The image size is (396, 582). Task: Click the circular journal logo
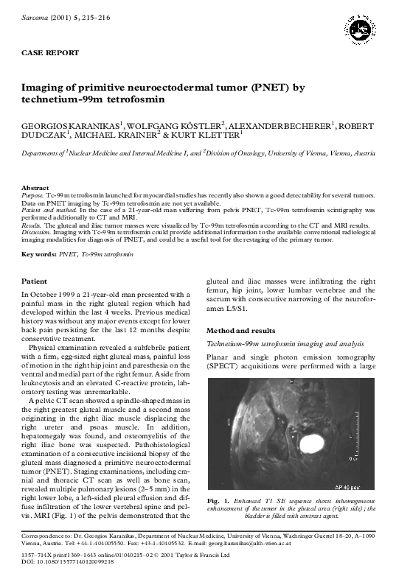click(x=360, y=28)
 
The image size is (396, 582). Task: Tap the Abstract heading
click(x=35, y=188)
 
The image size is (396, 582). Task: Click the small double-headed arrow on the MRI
click(x=229, y=423)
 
